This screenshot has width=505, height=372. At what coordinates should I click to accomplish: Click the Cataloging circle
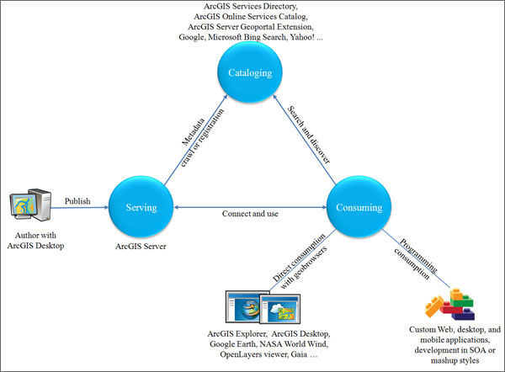pos(249,73)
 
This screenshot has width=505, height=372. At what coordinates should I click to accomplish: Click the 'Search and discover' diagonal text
pos(309,134)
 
